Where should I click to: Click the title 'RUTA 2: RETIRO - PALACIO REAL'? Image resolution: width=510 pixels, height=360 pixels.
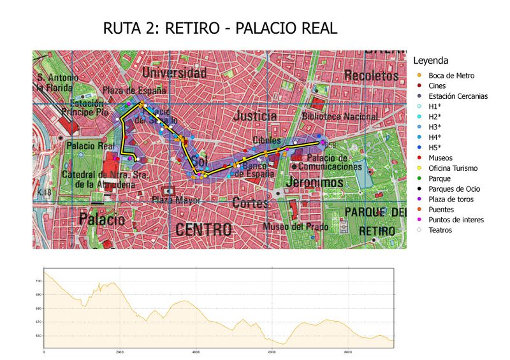click(x=219, y=29)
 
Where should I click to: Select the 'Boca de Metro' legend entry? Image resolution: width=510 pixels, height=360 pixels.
click(x=451, y=75)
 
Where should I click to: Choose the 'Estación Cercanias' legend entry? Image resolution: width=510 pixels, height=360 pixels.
click(x=458, y=96)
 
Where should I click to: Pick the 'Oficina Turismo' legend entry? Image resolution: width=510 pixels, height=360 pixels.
click(x=455, y=168)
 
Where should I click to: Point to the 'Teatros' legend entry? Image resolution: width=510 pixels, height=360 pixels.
click(x=440, y=229)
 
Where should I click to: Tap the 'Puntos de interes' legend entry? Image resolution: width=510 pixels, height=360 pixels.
click(x=456, y=219)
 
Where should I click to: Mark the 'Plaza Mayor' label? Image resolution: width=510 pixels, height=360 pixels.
click(x=171, y=200)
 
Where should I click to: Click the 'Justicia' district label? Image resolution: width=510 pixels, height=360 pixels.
click(x=255, y=116)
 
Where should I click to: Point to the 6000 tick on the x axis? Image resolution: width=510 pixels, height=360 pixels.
click(x=271, y=352)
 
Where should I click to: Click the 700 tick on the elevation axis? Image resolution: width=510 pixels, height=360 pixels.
click(x=38, y=281)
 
